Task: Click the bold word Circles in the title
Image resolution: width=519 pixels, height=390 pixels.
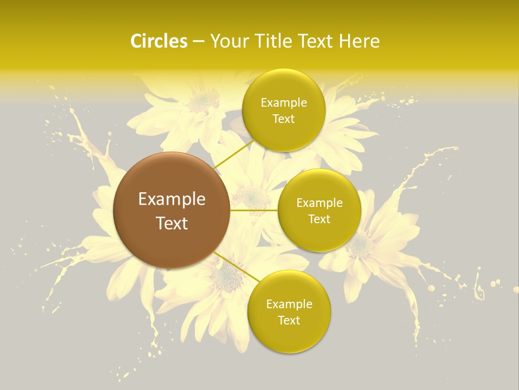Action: click(158, 41)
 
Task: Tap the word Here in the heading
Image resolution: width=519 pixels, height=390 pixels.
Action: click(359, 41)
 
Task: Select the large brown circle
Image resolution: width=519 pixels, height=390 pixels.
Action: click(171, 210)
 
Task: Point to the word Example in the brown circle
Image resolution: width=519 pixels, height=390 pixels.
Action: click(172, 199)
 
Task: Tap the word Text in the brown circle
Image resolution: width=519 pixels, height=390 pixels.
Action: click(172, 223)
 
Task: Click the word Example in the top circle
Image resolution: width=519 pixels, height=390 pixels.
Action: click(284, 103)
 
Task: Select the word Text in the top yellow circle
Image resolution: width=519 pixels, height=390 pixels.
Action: click(284, 119)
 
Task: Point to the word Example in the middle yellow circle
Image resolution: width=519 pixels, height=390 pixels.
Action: click(320, 203)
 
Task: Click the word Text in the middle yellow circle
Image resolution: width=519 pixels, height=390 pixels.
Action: click(320, 219)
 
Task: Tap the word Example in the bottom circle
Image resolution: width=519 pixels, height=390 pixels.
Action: click(289, 304)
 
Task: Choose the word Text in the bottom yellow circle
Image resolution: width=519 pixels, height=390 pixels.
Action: click(289, 321)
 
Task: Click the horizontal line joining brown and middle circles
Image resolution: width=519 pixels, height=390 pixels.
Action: click(254, 210)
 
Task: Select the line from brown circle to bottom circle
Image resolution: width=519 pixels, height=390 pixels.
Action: click(237, 268)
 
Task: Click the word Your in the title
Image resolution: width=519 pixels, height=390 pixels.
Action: click(227, 41)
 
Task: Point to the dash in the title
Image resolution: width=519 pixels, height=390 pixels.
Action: click(198, 42)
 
